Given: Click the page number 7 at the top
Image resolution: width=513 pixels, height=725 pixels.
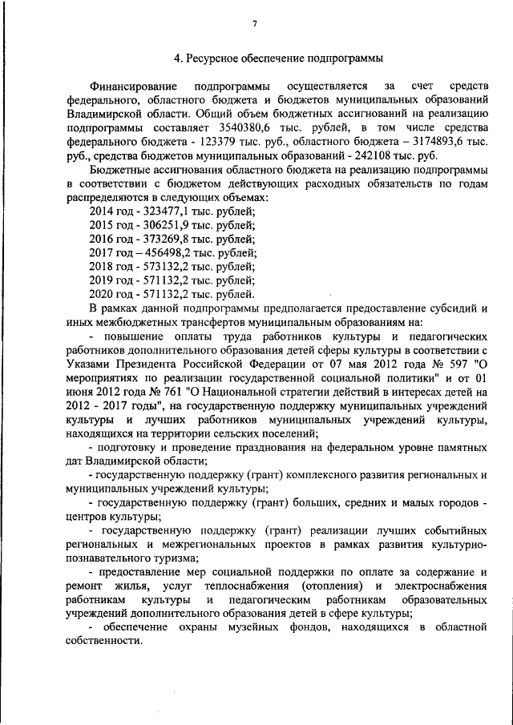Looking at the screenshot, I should pyautogui.click(x=256, y=24).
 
